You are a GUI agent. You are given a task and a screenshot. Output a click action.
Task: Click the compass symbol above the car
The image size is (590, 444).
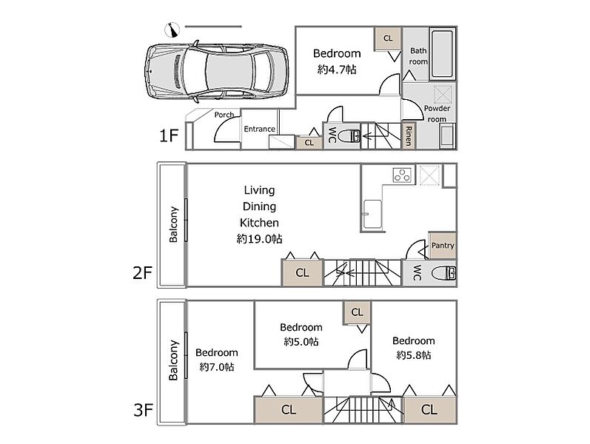coord(172,30)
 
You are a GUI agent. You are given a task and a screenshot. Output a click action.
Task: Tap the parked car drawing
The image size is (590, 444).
coord(216,72)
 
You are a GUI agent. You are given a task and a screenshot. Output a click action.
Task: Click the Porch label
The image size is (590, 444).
coord(224,115)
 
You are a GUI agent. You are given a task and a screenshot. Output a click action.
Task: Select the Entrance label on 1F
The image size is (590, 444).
coord(259,129)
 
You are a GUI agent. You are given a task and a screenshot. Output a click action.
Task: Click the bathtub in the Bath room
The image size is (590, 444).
coord(442,54)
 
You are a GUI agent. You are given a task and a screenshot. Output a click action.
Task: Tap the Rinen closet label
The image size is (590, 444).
coord(409,136)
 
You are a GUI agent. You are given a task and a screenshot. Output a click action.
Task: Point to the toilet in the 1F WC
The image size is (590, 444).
coord(349,136)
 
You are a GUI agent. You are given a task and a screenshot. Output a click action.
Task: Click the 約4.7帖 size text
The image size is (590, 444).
coord(337,70)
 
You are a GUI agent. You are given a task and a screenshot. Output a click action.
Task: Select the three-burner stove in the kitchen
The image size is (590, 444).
coord(402,175)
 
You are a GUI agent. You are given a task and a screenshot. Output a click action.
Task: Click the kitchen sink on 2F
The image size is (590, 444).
coord(372,215)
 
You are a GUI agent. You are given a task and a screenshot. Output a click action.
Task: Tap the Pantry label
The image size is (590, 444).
coord(443,246)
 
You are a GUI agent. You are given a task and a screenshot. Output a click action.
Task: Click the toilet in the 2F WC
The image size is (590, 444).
coord(443,273)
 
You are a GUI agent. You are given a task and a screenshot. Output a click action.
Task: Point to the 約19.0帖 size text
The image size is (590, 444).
coord(259,239)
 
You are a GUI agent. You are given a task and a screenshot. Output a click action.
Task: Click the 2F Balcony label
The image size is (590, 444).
coord(173,224)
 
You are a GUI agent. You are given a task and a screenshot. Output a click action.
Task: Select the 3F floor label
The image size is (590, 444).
coord(143,410)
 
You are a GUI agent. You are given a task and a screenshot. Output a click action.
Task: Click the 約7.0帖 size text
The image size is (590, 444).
coord(217,367)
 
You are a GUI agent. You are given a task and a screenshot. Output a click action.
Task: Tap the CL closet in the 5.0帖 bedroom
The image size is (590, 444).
coord(357,312)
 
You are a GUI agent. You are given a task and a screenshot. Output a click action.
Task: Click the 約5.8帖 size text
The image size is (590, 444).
coord(414,355)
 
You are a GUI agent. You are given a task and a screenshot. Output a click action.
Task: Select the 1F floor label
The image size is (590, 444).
coord(169,135)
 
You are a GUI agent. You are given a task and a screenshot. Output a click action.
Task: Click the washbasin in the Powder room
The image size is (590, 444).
coord(447,137)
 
